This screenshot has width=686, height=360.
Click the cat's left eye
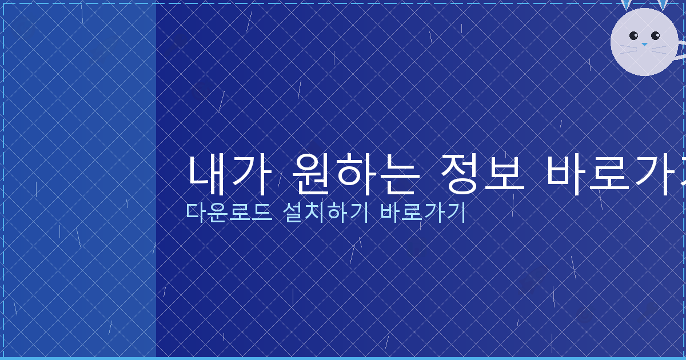click(x=633, y=35)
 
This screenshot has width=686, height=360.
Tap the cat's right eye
click(x=655, y=35)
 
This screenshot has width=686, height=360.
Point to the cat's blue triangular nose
click(x=644, y=44)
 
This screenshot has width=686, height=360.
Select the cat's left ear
click(x=627, y=5)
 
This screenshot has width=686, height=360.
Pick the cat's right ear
click(x=663, y=5)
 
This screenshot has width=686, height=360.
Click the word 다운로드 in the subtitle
click(x=229, y=212)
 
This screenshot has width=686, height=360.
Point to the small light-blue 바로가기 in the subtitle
click(x=424, y=212)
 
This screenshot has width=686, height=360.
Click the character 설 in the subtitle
click(x=293, y=212)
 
